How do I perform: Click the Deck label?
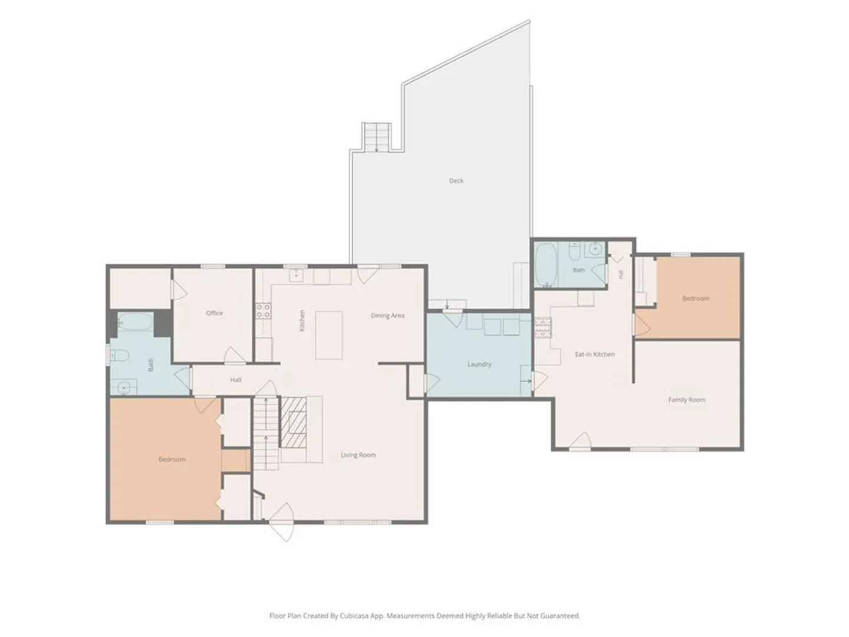pyautogui.click(x=456, y=180)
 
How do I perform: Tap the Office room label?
pyautogui.click(x=214, y=313)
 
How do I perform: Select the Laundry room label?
pyautogui.click(x=479, y=365)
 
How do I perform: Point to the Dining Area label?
pyautogui.click(x=387, y=316)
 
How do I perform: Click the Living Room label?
pyautogui.click(x=358, y=455)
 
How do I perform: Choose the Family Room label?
pyautogui.click(x=686, y=400)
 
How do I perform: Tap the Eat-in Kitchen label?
pyautogui.click(x=594, y=354)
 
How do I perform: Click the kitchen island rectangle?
pyautogui.click(x=329, y=336)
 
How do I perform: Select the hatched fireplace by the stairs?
pyautogui.click(x=293, y=422)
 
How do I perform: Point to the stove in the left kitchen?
pyautogui.click(x=263, y=311)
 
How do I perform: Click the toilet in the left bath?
pyautogui.click(x=119, y=355)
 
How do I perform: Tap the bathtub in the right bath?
pyautogui.click(x=546, y=265)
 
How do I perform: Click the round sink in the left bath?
pyautogui.click(x=124, y=387)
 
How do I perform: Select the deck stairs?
pyautogui.click(x=376, y=137)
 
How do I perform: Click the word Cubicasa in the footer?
pyautogui.click(x=355, y=616)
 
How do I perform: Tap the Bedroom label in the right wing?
pyautogui.click(x=696, y=298)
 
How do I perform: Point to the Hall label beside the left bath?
pyautogui.click(x=236, y=380)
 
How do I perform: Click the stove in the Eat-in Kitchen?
pyautogui.click(x=543, y=327)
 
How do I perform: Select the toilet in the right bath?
pyautogui.click(x=575, y=251)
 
